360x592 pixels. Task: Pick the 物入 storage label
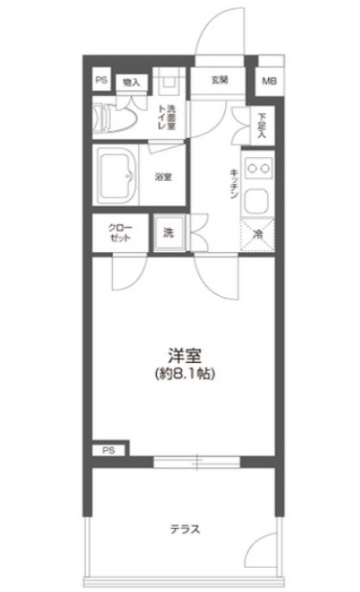pos(131,82)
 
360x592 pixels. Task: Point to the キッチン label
pos(233,181)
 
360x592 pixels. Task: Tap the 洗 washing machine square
pos(168,232)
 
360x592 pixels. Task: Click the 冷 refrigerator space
pos(257,232)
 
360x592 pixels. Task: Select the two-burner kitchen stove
pos(257,167)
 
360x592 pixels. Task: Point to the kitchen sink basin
pos(256,200)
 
